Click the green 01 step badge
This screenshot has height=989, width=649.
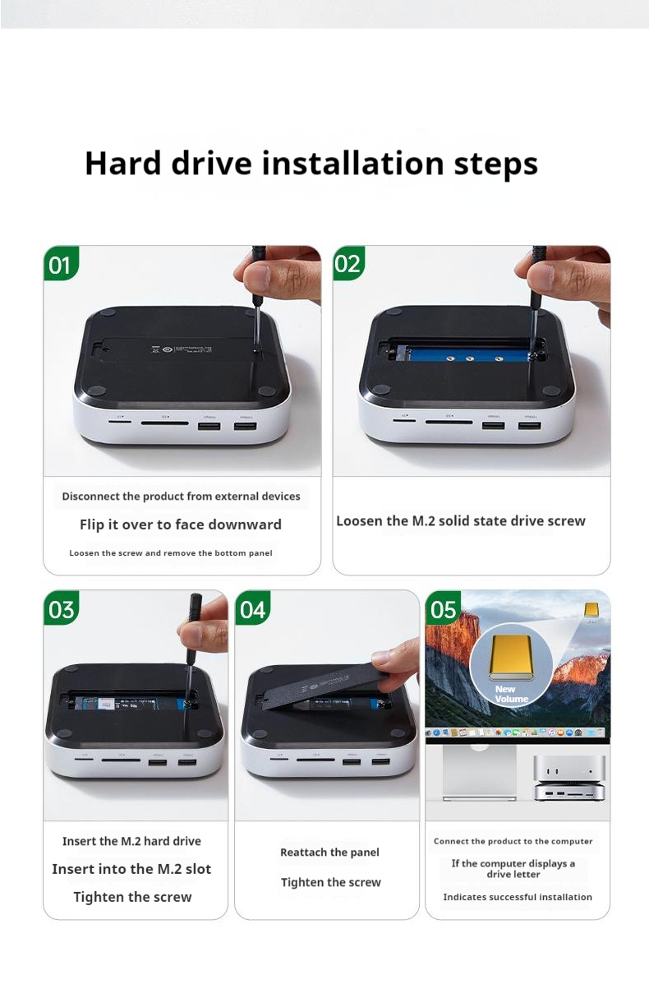click(x=61, y=263)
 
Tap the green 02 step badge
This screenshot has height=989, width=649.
click(x=348, y=263)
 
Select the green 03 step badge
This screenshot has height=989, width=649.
click(x=62, y=608)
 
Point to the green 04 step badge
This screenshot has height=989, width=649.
click(x=252, y=608)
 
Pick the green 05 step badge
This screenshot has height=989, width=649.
click(x=443, y=608)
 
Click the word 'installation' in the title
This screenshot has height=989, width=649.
click(x=353, y=164)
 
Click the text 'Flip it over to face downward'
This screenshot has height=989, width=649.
click(x=181, y=525)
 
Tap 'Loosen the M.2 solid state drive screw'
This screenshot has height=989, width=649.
click(x=461, y=521)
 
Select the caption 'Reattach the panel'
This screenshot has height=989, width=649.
click(x=329, y=853)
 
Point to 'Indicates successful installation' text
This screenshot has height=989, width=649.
click(x=518, y=897)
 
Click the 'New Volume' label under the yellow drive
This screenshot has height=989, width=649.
click(x=511, y=694)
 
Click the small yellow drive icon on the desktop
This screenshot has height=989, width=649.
click(x=591, y=610)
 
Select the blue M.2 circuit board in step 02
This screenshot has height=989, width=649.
click(x=467, y=354)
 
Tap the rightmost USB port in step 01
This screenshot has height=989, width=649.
click(x=246, y=427)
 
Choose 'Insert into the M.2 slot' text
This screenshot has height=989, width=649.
click(x=131, y=869)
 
